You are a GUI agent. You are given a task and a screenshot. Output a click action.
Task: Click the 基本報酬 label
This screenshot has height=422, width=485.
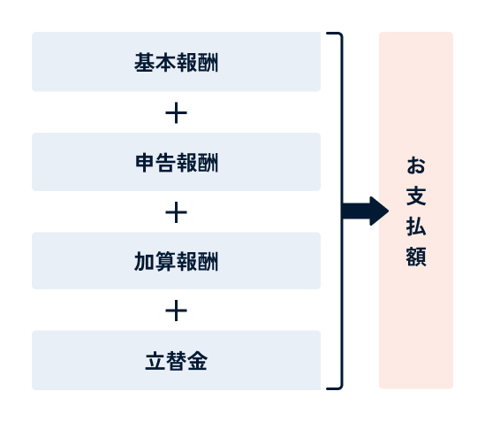pyautogui.click(x=177, y=62)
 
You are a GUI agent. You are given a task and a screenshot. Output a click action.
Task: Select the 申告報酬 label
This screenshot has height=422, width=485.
pyautogui.click(x=177, y=163)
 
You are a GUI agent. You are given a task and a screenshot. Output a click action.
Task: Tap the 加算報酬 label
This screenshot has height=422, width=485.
pyautogui.click(x=177, y=262)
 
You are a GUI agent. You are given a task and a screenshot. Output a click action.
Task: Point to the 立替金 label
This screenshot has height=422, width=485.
pyautogui.click(x=177, y=361)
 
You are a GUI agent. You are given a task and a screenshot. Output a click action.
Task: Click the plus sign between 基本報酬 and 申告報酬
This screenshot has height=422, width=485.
pyautogui.click(x=177, y=112)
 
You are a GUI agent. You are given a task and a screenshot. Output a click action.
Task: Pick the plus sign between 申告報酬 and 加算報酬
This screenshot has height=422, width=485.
pyautogui.click(x=177, y=212)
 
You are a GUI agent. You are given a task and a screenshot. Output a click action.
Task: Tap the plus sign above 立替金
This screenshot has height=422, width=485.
pyautogui.click(x=177, y=311)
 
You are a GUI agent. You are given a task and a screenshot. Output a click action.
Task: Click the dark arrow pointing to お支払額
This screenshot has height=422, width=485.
pyautogui.click(x=366, y=211)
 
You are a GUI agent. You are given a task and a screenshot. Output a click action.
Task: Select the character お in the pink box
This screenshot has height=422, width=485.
pyautogui.click(x=416, y=165)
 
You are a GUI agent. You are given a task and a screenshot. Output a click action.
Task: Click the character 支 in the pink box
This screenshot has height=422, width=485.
pyautogui.click(x=416, y=196)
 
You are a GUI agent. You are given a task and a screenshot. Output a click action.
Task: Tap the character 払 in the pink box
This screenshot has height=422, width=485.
pyautogui.click(x=416, y=226)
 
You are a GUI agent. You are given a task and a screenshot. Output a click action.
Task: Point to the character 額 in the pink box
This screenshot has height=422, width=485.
pyautogui.click(x=416, y=257)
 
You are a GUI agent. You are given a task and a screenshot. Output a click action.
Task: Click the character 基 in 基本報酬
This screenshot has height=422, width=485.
pyautogui.click(x=145, y=62)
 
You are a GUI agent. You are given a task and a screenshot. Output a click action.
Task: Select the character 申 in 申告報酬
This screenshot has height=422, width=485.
pyautogui.click(x=145, y=163)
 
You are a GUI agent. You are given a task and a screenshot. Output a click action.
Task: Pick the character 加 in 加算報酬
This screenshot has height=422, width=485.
pyautogui.click(x=145, y=262)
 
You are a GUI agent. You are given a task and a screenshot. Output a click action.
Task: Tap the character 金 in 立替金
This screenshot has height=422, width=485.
pyautogui.click(x=197, y=361)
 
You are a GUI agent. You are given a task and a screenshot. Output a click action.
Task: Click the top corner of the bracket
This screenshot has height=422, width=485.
pyautogui.click(x=342, y=34)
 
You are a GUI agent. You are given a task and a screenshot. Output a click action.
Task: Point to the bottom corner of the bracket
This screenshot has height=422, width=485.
pyautogui.click(x=342, y=387)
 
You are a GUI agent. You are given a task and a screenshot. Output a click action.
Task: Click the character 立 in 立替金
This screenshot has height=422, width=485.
pyautogui.click(x=155, y=361)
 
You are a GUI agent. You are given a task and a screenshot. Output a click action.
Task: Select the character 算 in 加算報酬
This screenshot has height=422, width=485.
pyautogui.click(x=165, y=262)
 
